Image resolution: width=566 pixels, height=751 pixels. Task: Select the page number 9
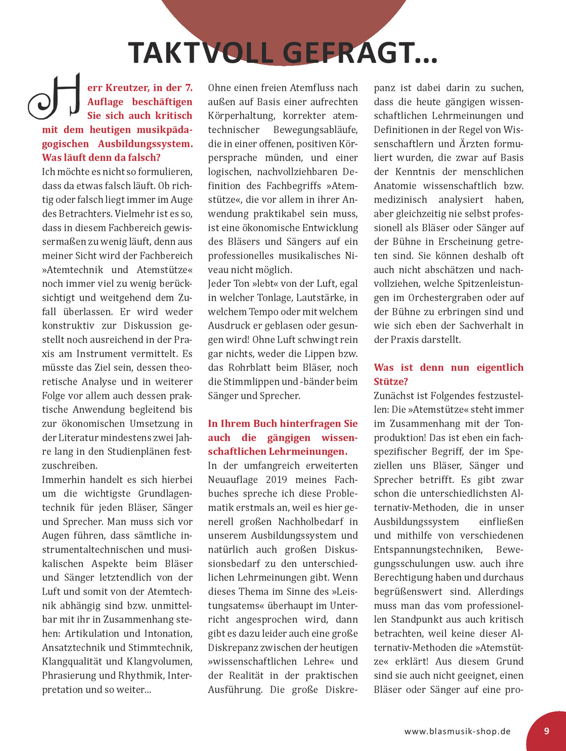point(546,731)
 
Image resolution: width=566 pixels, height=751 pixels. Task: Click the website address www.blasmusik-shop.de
point(457,731)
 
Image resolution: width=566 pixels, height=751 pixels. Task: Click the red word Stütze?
point(391,382)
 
